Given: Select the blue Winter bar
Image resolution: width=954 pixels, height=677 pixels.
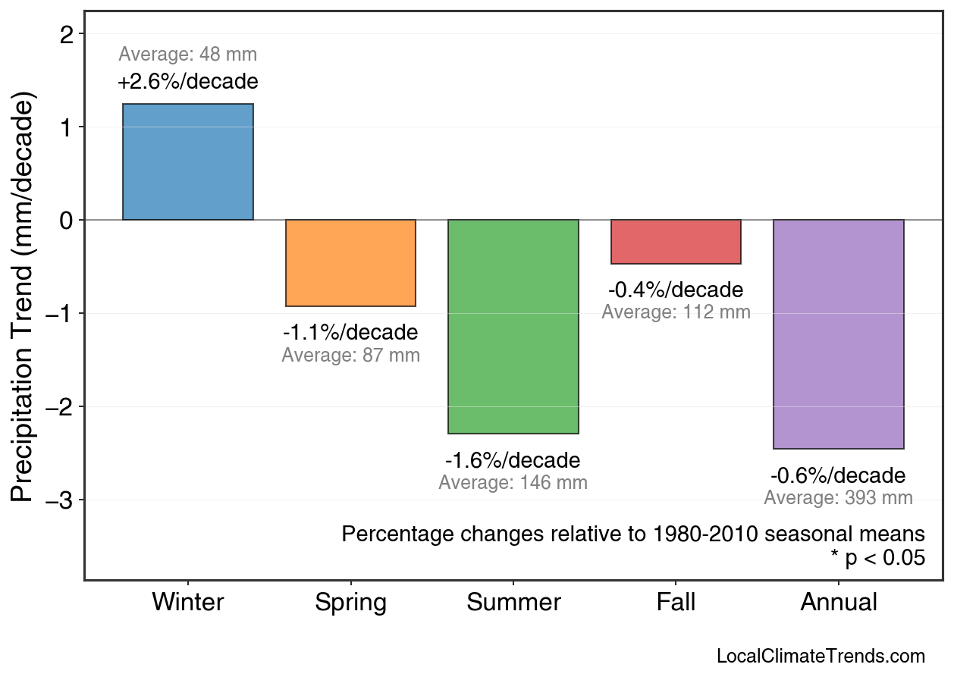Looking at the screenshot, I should click(188, 162).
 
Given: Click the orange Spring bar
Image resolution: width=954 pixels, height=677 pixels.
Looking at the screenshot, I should click(350, 263).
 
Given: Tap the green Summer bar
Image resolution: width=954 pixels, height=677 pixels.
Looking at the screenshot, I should click(513, 327).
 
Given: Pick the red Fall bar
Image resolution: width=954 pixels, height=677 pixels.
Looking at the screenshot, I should click(676, 242).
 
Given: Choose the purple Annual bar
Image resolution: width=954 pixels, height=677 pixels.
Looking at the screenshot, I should click(838, 334).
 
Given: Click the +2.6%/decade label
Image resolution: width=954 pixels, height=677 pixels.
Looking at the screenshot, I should click(188, 81).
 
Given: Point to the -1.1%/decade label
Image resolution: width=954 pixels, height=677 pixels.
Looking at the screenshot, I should click(350, 333).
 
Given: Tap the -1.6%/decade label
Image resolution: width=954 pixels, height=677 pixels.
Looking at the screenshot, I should click(513, 461).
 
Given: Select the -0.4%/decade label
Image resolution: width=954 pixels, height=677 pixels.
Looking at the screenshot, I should click(676, 290).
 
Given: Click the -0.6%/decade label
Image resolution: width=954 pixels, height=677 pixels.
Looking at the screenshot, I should click(838, 476).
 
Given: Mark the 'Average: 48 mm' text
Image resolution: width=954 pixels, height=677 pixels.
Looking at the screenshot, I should click(188, 55).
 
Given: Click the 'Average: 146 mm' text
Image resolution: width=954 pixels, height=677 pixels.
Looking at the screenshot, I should click(513, 483).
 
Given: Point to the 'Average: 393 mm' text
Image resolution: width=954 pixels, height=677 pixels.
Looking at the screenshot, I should click(838, 498).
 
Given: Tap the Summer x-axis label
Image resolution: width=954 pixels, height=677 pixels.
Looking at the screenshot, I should click(513, 603).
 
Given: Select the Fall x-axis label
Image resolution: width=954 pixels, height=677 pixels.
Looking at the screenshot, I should click(676, 603).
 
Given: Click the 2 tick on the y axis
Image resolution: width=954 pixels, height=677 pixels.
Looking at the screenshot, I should click(67, 34).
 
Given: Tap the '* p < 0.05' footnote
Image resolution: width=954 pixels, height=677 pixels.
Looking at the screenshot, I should click(877, 558).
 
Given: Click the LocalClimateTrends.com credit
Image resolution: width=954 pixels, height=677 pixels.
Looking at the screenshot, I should click(821, 657).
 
